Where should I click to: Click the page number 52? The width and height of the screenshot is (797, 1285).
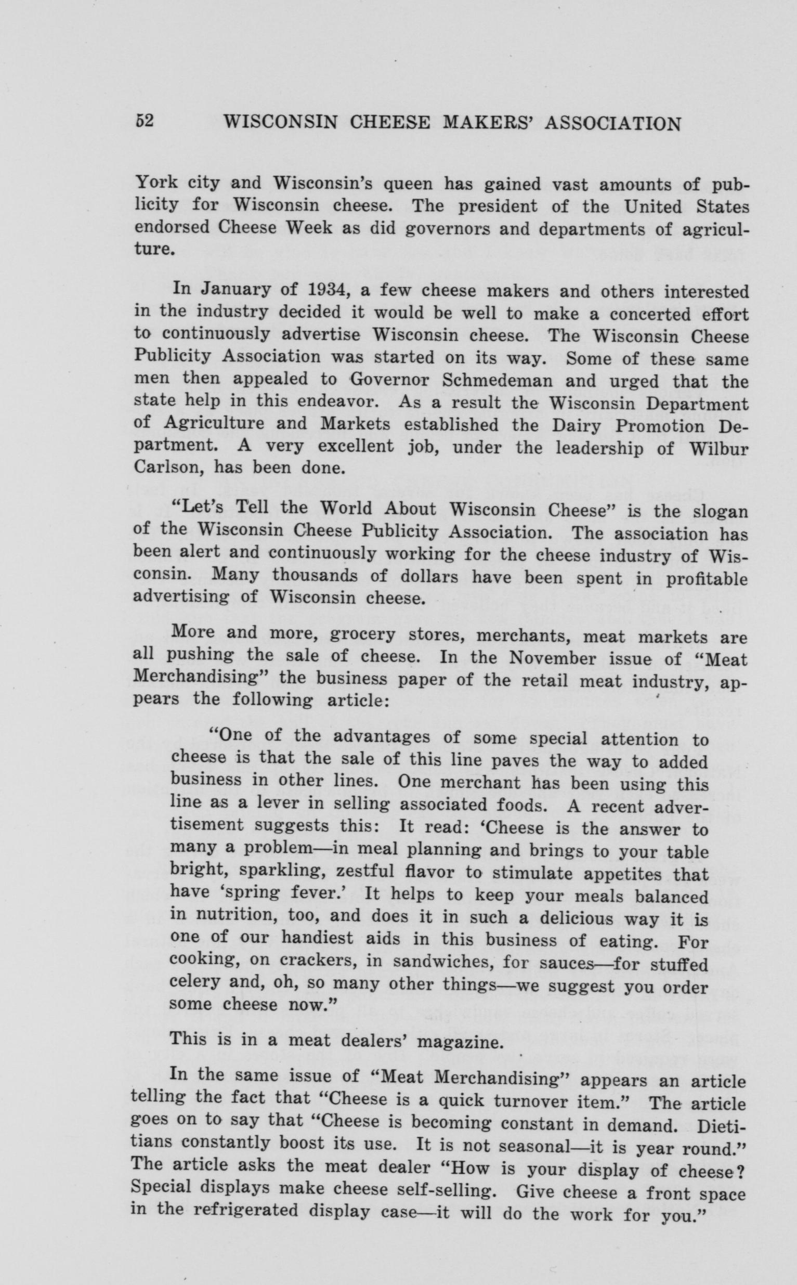point(143,121)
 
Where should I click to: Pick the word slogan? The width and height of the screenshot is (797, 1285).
point(720,512)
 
